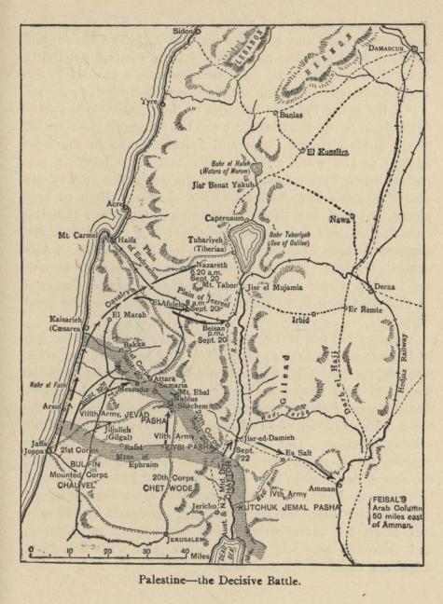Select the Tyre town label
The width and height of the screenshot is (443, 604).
click(149, 102)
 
